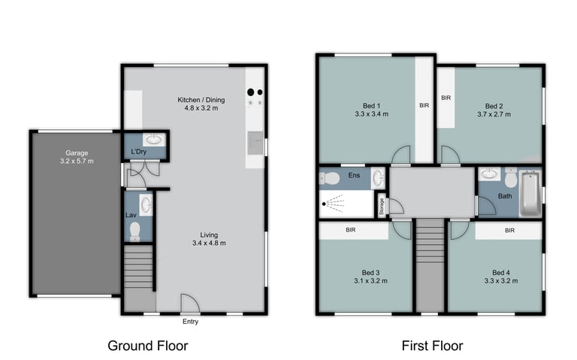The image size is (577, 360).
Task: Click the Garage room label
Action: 77,153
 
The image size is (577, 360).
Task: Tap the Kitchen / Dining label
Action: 201,100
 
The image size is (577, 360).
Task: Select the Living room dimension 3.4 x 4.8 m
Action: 209,243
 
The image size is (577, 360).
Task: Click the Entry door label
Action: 190,322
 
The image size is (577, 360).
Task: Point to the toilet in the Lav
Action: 135,231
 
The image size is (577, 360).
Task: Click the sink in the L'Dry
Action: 155,139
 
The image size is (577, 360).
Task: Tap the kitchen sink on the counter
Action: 255,143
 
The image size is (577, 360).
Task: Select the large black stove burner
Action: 251,92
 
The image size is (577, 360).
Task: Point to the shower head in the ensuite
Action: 324,204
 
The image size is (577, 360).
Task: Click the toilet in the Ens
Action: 329,179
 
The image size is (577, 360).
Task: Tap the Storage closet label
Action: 382,206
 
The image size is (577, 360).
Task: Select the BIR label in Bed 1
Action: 424,105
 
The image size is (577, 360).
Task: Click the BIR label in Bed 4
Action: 509,231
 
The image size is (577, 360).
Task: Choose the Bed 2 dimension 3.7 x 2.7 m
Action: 494,114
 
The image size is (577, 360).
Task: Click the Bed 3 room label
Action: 370,272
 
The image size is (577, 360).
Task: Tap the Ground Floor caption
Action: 148,346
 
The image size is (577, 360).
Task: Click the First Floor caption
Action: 433,346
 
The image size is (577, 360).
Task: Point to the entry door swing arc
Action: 195,299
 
